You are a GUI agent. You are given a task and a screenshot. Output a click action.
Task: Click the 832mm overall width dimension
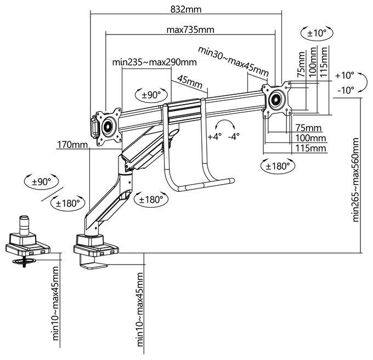point(186,10)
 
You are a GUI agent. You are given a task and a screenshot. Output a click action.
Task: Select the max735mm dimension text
point(190,30)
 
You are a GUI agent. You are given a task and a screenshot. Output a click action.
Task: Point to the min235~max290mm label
point(154,62)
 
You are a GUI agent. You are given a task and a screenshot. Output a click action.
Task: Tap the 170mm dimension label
point(72,145)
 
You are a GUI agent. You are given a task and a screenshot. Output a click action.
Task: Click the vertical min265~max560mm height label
point(356,180)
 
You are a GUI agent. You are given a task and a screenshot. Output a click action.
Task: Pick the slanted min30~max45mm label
point(233,61)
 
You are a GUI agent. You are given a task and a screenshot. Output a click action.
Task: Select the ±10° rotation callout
point(317,33)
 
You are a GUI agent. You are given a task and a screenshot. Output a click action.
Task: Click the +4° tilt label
point(214,136)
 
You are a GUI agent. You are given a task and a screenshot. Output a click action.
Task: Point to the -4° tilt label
point(233,136)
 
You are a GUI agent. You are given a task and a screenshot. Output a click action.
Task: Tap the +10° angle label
point(344,75)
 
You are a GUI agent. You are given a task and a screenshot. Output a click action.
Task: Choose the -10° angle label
point(346,90)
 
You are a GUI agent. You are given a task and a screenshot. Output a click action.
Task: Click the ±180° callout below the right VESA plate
point(278,166)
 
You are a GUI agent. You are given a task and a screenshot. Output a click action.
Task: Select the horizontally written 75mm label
point(308,128)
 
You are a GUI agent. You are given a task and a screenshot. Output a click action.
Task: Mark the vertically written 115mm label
point(324,62)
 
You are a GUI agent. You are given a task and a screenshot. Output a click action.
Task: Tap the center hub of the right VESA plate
point(276,99)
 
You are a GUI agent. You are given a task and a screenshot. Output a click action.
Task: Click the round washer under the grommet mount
point(24,261)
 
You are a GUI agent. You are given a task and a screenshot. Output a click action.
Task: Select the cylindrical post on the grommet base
point(24,225)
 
